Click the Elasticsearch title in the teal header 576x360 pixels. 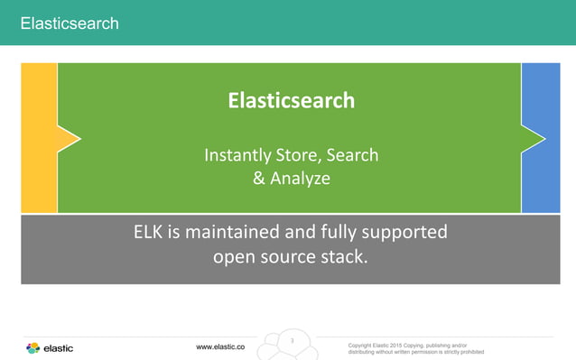tap(70, 23)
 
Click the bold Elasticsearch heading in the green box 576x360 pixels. tap(291, 100)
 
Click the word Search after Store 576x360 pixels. tap(352, 156)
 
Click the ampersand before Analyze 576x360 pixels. tap(259, 179)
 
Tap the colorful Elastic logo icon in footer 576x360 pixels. tap(33, 348)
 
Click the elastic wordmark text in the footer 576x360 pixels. tap(59, 348)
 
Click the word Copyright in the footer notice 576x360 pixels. tap(365, 345)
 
